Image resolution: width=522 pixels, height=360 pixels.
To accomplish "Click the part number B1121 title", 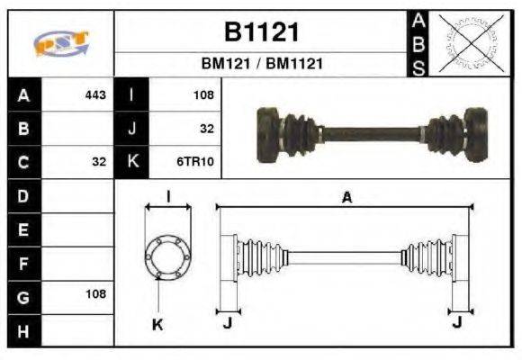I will (x=260, y=31).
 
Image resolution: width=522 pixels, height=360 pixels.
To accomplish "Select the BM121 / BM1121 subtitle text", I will (x=260, y=64).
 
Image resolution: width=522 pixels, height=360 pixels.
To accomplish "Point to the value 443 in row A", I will (x=95, y=94).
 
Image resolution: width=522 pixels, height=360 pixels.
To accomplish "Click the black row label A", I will (x=22, y=94).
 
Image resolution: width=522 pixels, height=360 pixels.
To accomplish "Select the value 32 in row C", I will (x=99, y=162).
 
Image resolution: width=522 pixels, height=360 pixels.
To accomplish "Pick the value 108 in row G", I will (x=95, y=294).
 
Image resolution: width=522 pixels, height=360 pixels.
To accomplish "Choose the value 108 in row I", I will (x=203, y=94).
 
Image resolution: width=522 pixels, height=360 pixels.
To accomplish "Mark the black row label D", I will (x=22, y=195).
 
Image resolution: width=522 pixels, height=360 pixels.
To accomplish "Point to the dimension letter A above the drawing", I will (x=346, y=198).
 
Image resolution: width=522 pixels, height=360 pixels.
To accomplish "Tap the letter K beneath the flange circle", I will (x=157, y=324).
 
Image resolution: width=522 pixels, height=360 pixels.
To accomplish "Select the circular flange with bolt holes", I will (x=167, y=255).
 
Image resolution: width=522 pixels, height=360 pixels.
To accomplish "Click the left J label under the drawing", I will (x=227, y=323).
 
